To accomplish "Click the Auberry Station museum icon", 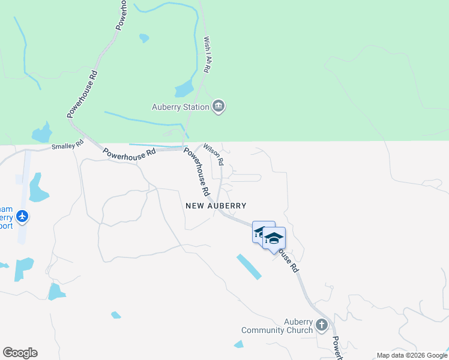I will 218,107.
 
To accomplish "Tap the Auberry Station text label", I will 180,107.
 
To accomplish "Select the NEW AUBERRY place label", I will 216,205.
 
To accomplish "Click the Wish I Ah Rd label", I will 206,55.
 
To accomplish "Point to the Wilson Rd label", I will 214,154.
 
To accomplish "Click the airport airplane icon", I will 23,216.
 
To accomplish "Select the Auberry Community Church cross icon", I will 321,325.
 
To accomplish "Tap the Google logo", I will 20,353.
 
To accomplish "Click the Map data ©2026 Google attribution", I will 411,355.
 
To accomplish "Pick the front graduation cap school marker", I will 274,239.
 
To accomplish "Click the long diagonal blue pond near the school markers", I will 249,267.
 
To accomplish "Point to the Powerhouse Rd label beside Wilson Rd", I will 197,172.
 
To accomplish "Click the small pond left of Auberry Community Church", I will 239,344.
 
